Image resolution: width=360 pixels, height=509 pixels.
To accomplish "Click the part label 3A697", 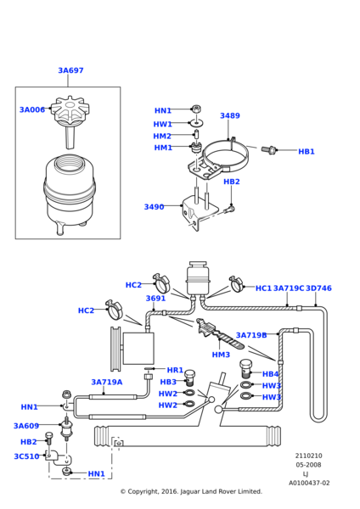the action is pyautogui.click(x=70, y=70).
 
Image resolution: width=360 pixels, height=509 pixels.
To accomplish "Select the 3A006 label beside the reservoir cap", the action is pyautogui.click(x=32, y=109).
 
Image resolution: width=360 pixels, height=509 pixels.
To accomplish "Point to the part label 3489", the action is pyautogui.click(x=230, y=116).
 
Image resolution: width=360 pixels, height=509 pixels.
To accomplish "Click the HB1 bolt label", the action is pyautogui.click(x=307, y=152).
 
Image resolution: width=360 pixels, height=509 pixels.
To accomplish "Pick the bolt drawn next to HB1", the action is pyautogui.click(x=268, y=150).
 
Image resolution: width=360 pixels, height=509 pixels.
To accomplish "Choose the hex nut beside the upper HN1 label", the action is pyautogui.click(x=196, y=109).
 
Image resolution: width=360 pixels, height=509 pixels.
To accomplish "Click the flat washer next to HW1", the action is pyautogui.click(x=196, y=122).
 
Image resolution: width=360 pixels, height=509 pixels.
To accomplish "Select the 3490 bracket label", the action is pyautogui.click(x=154, y=207).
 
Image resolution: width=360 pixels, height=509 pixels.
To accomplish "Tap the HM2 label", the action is pyautogui.click(x=162, y=136).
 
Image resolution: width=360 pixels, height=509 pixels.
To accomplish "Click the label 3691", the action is pyautogui.click(x=155, y=299).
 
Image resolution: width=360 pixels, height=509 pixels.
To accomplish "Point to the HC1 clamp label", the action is pyautogui.click(x=263, y=288).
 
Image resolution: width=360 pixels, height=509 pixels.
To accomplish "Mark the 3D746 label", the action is pyautogui.click(x=318, y=288).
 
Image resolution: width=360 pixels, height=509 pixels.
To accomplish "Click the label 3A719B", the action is pyautogui.click(x=251, y=335).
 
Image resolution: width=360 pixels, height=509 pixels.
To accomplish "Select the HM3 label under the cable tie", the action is pyautogui.click(x=221, y=355).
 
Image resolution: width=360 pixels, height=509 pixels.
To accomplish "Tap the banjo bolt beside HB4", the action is pyautogui.click(x=246, y=369).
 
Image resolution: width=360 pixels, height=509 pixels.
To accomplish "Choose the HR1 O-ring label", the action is pyautogui.click(x=175, y=370).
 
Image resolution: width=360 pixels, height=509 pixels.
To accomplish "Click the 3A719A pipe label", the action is pyautogui.click(x=107, y=382).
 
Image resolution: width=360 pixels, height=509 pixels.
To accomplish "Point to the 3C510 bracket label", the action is pyautogui.click(x=26, y=456).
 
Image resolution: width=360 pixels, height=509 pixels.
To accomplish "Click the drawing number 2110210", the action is pyautogui.click(x=309, y=456).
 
